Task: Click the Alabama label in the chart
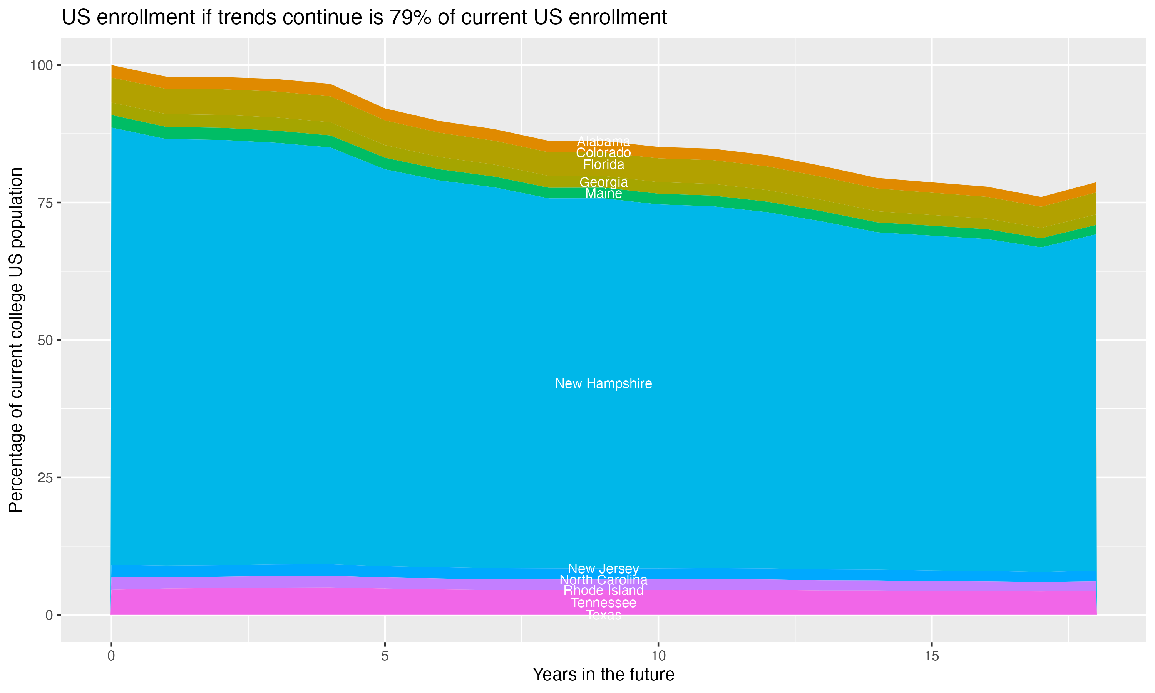point(603,142)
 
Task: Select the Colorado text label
point(603,153)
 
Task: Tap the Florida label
point(603,165)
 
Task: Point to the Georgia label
point(603,182)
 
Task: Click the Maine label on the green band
point(603,194)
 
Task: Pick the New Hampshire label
point(603,384)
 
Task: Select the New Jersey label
point(603,569)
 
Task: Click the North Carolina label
point(603,580)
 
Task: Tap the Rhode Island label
point(603,591)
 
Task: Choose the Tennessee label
point(603,603)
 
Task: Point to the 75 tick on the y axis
point(45,203)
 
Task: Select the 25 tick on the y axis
point(45,477)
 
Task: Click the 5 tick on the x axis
point(385,656)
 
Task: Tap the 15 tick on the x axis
point(931,656)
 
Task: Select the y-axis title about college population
point(16,340)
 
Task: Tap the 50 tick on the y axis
point(45,340)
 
